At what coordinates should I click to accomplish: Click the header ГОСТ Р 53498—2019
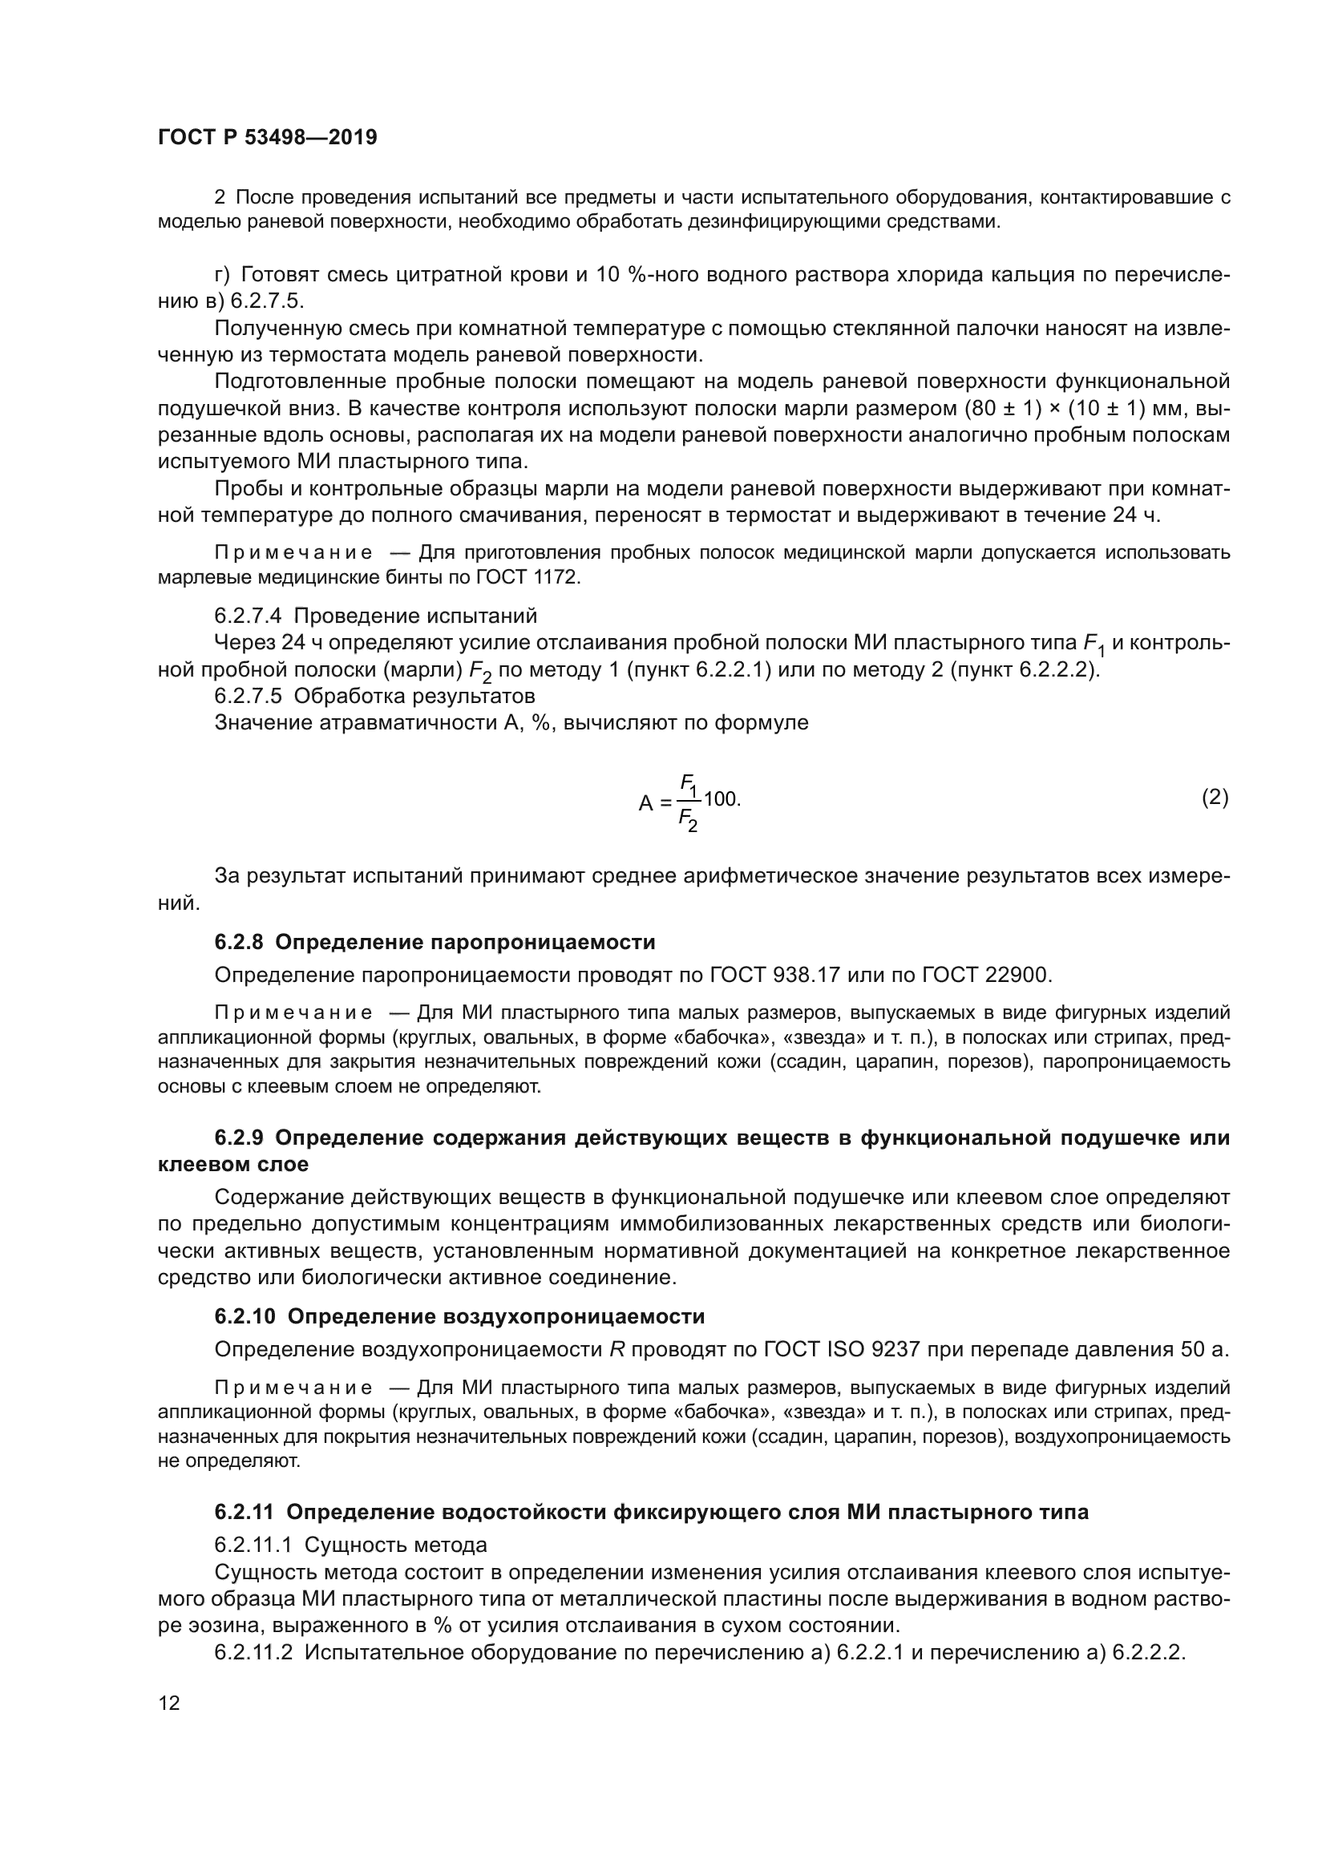click(x=267, y=138)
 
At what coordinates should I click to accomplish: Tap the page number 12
click(x=169, y=1703)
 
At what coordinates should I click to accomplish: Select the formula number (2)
click(x=1215, y=798)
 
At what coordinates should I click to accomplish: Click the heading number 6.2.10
click(x=245, y=1316)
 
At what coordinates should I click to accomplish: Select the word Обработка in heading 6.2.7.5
click(x=340, y=697)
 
